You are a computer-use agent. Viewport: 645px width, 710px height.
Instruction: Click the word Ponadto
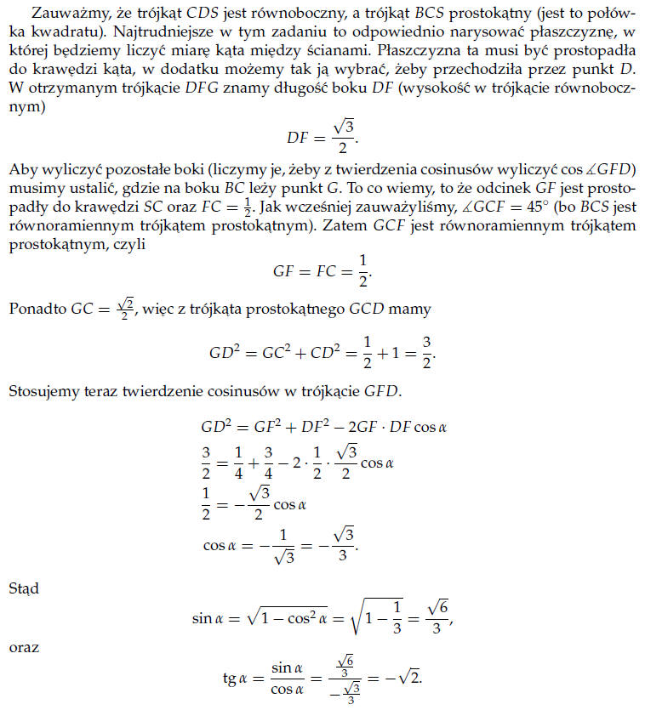(34, 310)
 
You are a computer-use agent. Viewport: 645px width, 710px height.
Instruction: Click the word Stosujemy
(41, 391)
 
